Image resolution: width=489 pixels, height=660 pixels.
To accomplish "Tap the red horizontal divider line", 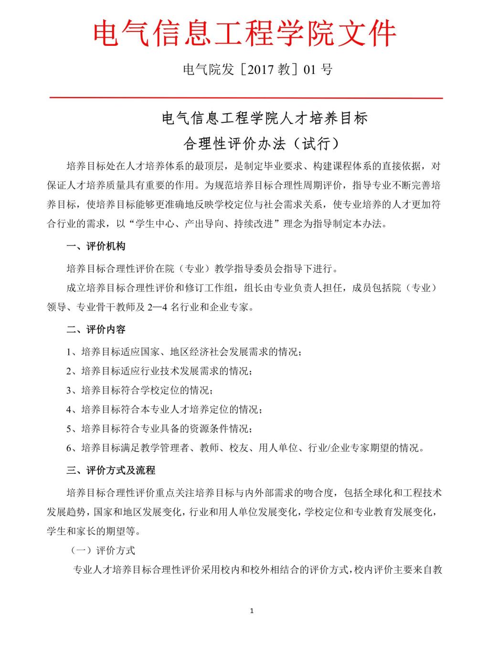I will (x=246, y=98).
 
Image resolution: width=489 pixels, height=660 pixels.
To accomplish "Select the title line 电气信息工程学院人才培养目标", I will (x=265, y=118).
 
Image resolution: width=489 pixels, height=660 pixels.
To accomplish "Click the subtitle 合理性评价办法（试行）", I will (x=264, y=143).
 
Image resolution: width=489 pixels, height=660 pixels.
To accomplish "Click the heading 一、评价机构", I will (x=96, y=246).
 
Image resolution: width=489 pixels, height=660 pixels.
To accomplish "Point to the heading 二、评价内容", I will (x=96, y=330).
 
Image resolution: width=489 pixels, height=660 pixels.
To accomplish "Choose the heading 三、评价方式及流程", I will (x=111, y=470).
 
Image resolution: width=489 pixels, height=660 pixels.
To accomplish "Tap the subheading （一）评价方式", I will (x=103, y=550).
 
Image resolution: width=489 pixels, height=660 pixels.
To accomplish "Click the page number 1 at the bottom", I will (x=252, y=611).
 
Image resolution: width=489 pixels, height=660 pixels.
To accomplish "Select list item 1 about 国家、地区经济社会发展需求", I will (x=184, y=352).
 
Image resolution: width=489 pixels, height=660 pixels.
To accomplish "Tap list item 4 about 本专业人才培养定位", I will (x=164, y=409).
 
